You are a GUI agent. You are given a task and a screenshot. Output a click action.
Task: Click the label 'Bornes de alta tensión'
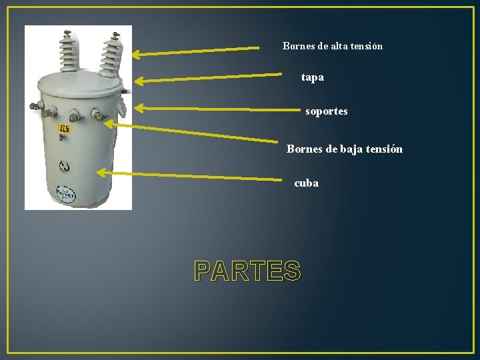[x=332, y=46]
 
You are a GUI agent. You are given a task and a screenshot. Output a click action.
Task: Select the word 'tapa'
[x=312, y=77]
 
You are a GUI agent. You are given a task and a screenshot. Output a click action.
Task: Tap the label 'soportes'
[x=326, y=111]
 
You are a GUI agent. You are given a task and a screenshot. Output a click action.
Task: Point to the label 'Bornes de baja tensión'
[x=344, y=149]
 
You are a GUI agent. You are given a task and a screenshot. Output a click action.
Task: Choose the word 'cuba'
[x=306, y=183]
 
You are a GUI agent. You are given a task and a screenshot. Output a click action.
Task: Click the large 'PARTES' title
[x=247, y=271]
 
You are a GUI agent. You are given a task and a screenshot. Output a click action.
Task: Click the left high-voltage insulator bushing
[x=67, y=51]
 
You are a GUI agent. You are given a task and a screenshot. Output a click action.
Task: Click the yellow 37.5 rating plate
[x=64, y=129]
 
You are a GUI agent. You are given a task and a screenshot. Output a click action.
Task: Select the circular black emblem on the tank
[x=64, y=166]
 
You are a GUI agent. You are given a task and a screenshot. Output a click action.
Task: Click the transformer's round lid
[x=80, y=83]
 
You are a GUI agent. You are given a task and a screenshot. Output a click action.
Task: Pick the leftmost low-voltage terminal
[x=48, y=113]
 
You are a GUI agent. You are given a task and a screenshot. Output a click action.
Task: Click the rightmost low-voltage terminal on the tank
[x=98, y=117]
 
